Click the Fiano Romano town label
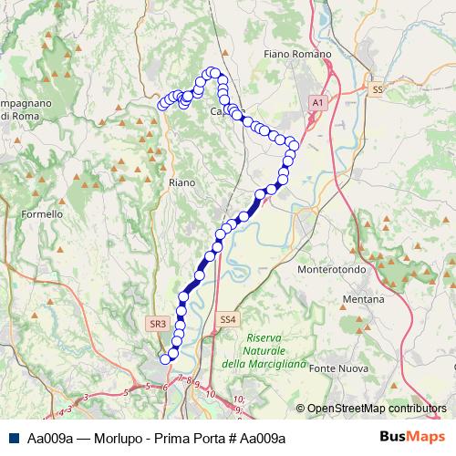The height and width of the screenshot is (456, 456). click(296, 55)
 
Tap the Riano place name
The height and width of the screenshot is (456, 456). click(182, 182)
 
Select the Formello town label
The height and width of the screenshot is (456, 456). click(43, 214)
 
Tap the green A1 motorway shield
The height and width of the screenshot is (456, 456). click(318, 104)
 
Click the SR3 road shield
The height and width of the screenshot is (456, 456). click(157, 323)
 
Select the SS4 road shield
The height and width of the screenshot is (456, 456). click(228, 319)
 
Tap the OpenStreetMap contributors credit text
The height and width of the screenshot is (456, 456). click(376, 409)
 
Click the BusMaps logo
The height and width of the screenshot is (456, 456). click(406, 438)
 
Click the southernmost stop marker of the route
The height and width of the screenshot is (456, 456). click(166, 358)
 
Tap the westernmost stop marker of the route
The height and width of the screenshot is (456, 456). click(162, 104)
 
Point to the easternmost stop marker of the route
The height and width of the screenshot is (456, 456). click(294, 145)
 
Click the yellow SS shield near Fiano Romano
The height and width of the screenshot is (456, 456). click(378, 89)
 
